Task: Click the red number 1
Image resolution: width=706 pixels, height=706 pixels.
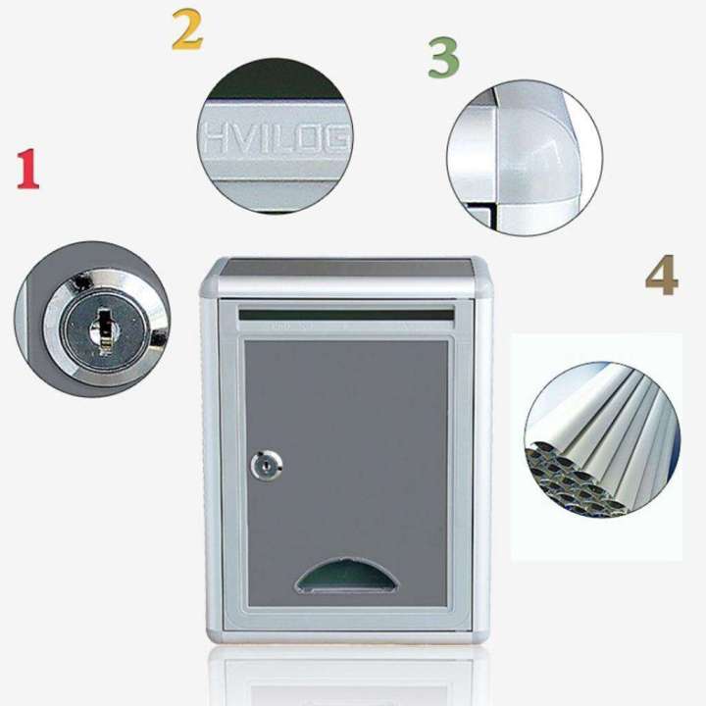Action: coord(27,169)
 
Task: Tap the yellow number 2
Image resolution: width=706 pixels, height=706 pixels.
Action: coord(186,30)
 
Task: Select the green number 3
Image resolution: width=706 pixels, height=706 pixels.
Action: coord(443,58)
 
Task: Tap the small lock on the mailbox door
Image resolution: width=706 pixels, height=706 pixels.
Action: coord(266,465)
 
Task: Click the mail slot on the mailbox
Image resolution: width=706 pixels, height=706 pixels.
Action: coord(346,316)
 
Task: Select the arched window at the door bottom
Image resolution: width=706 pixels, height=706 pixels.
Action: coord(348,577)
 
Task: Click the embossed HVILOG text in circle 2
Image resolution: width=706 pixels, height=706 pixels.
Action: coord(276,140)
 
